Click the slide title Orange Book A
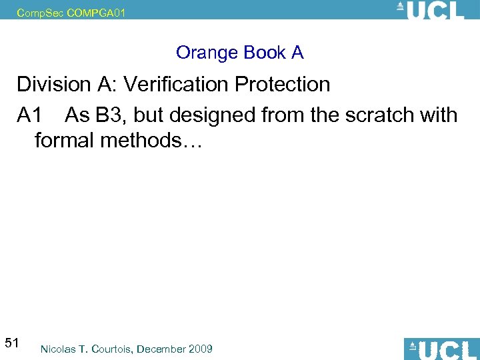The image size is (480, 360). [x=239, y=53]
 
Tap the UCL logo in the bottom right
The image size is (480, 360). [x=441, y=349]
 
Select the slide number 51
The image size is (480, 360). [x=11, y=343]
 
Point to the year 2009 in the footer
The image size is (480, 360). [x=201, y=349]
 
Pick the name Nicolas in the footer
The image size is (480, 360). [x=58, y=349]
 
